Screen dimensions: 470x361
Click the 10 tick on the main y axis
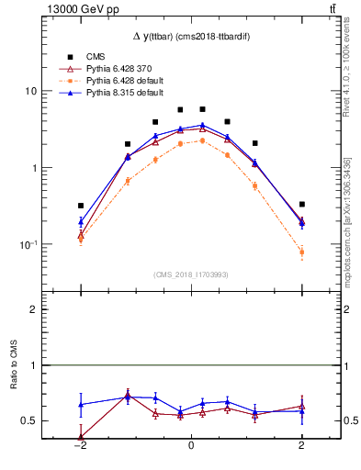(31, 91)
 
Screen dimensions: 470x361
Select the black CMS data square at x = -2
(81, 206)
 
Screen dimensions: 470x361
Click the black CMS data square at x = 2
(301, 204)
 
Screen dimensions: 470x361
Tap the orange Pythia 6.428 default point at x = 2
(301, 252)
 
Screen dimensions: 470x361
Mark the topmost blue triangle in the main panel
(202, 125)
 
